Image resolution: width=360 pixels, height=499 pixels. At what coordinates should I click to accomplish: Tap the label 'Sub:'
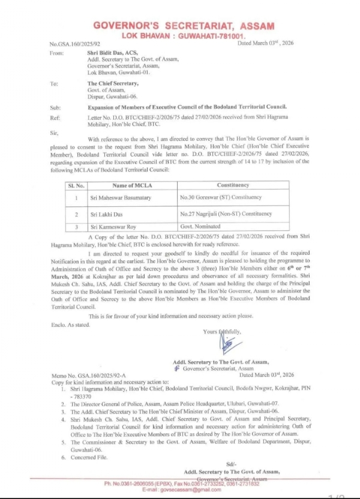[x=55, y=107]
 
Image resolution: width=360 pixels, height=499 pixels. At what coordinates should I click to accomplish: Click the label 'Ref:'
[x=55, y=118]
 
